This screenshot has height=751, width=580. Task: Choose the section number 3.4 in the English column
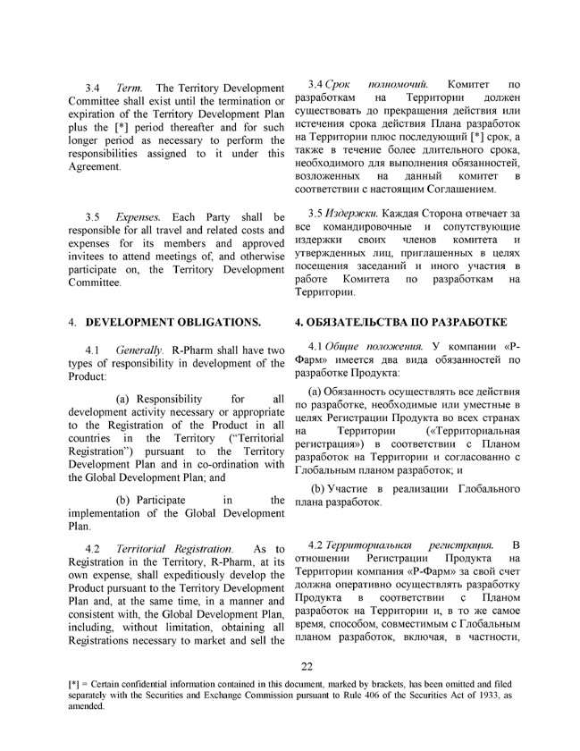92,89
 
